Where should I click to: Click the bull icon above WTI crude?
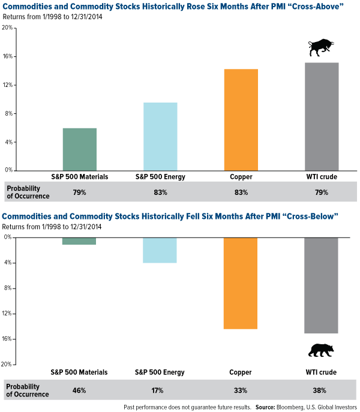(x=321, y=48)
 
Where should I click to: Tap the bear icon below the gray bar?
(x=321, y=350)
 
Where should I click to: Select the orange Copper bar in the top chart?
(x=241, y=119)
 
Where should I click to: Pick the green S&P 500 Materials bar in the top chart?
(x=79, y=149)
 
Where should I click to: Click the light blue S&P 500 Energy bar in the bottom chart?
(x=160, y=250)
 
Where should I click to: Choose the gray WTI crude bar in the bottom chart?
(x=321, y=285)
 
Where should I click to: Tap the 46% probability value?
(x=79, y=390)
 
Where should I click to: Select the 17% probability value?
(x=160, y=390)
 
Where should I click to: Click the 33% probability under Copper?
(x=241, y=390)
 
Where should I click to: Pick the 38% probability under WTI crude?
(x=321, y=390)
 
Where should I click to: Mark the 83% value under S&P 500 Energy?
(x=160, y=193)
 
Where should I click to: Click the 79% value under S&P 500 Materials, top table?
(x=79, y=193)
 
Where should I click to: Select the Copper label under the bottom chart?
(x=241, y=372)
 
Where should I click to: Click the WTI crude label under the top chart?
(x=321, y=178)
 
